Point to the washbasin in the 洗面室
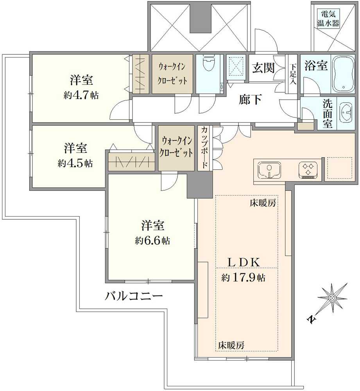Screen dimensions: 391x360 point(345,113)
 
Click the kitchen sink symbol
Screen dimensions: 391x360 point(269,170)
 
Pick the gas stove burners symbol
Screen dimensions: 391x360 point(309,170)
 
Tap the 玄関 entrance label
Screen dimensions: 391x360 point(263,68)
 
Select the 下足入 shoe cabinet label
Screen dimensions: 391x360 point(293,74)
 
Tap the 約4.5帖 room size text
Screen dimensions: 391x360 point(75,163)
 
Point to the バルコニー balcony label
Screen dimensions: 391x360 point(134,296)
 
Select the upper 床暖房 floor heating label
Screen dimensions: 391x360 point(263,203)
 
